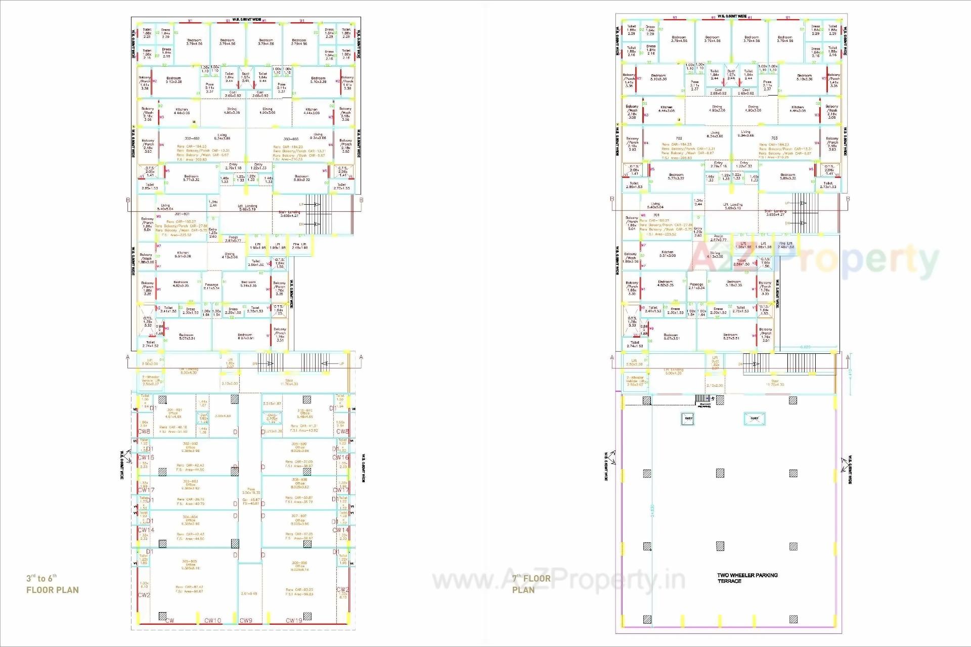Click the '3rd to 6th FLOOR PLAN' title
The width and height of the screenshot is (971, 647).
(x=53, y=584)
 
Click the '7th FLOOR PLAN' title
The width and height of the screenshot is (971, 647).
(x=531, y=584)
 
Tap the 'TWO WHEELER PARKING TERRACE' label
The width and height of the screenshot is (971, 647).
(x=747, y=578)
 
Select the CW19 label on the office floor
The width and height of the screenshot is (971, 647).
(x=294, y=620)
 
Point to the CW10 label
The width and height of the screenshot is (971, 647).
(x=212, y=620)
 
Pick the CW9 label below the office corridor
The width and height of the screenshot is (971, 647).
(x=246, y=620)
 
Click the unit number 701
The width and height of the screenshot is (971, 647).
(x=656, y=215)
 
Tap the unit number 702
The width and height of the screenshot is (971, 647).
(x=679, y=138)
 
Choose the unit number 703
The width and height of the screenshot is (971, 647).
(x=774, y=138)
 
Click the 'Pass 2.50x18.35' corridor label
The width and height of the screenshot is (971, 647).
(x=251, y=491)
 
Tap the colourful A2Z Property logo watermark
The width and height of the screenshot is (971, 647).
(x=814, y=259)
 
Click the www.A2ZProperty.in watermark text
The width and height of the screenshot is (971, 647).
(x=559, y=580)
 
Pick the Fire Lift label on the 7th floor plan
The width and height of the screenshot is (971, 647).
(x=786, y=245)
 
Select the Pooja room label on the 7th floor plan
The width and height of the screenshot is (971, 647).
(x=719, y=238)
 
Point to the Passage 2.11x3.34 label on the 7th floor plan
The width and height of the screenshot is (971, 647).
(x=696, y=286)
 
